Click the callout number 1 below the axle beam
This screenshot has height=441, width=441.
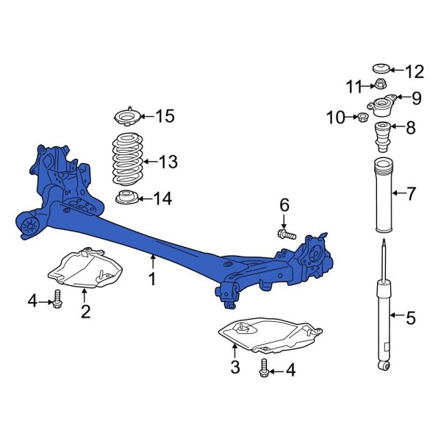152,279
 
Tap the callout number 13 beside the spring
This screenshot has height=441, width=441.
168,162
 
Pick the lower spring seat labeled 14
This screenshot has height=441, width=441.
126,197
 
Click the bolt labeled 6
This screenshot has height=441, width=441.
285,234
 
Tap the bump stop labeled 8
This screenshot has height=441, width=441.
381,136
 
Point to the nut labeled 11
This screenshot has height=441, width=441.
381,86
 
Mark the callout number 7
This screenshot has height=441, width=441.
411,194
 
